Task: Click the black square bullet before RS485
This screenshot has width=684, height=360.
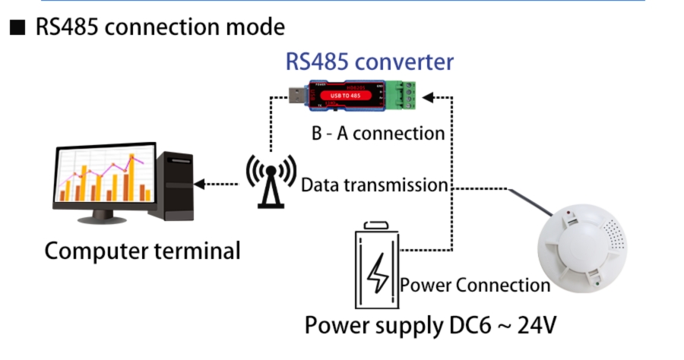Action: (x=17, y=28)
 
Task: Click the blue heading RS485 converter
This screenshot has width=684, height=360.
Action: (x=369, y=62)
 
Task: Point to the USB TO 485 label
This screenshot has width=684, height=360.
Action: (x=345, y=95)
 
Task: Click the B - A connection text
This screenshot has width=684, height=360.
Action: (x=378, y=133)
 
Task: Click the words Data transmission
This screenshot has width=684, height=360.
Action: (x=374, y=185)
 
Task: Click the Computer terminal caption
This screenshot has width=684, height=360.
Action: (x=142, y=250)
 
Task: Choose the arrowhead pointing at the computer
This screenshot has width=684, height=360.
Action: (x=199, y=184)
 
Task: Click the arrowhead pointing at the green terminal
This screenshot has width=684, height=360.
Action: (x=428, y=97)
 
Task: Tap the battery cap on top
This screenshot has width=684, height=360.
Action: (x=376, y=225)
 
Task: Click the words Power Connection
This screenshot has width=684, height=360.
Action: (x=475, y=286)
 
